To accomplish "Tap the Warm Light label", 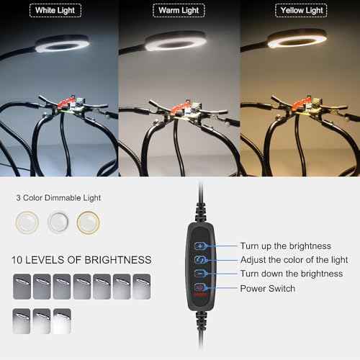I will (179, 11).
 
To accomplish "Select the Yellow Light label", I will (299, 11).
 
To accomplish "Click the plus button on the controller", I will (200, 246).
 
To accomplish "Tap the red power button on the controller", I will (199, 288).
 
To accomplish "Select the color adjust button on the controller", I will (200, 259).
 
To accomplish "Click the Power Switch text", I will (267, 289).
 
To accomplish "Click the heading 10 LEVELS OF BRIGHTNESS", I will (81, 260).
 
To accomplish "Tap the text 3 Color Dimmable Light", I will (58, 197).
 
